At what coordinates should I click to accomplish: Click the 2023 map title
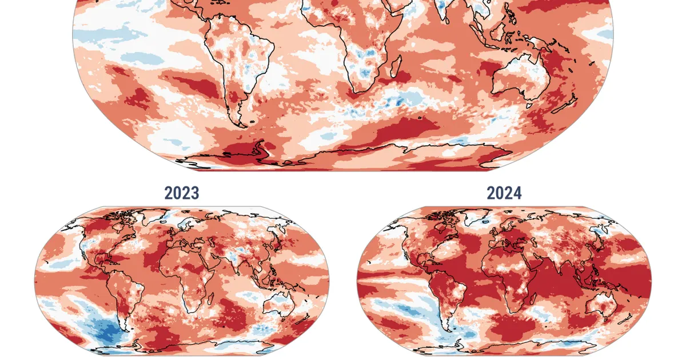tap(182, 193)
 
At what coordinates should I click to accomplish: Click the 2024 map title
tap(504, 193)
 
